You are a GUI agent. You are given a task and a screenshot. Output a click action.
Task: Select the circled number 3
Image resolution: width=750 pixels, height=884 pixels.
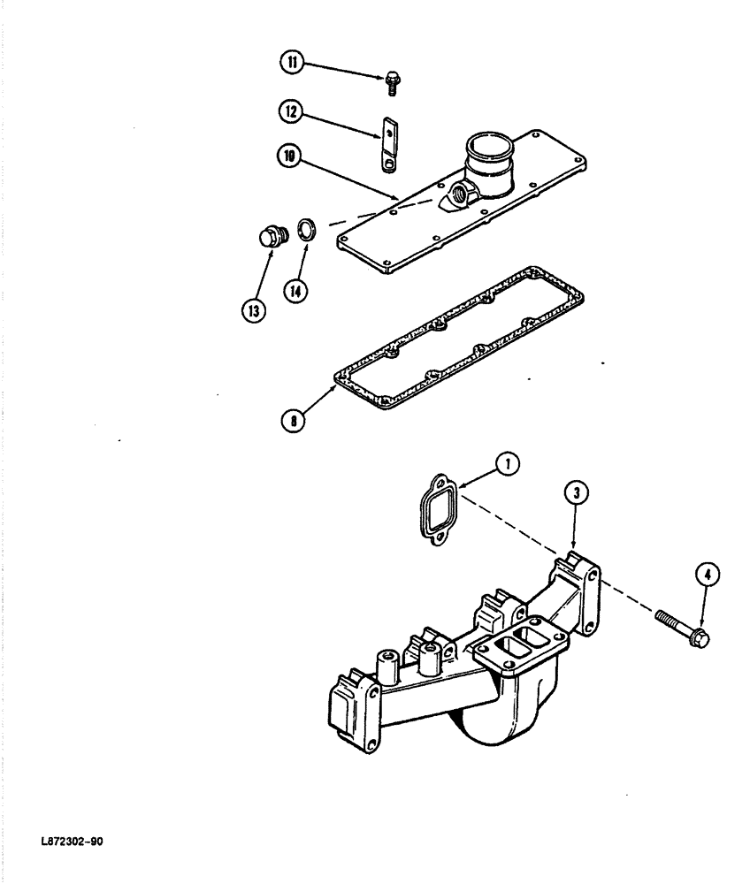576,494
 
